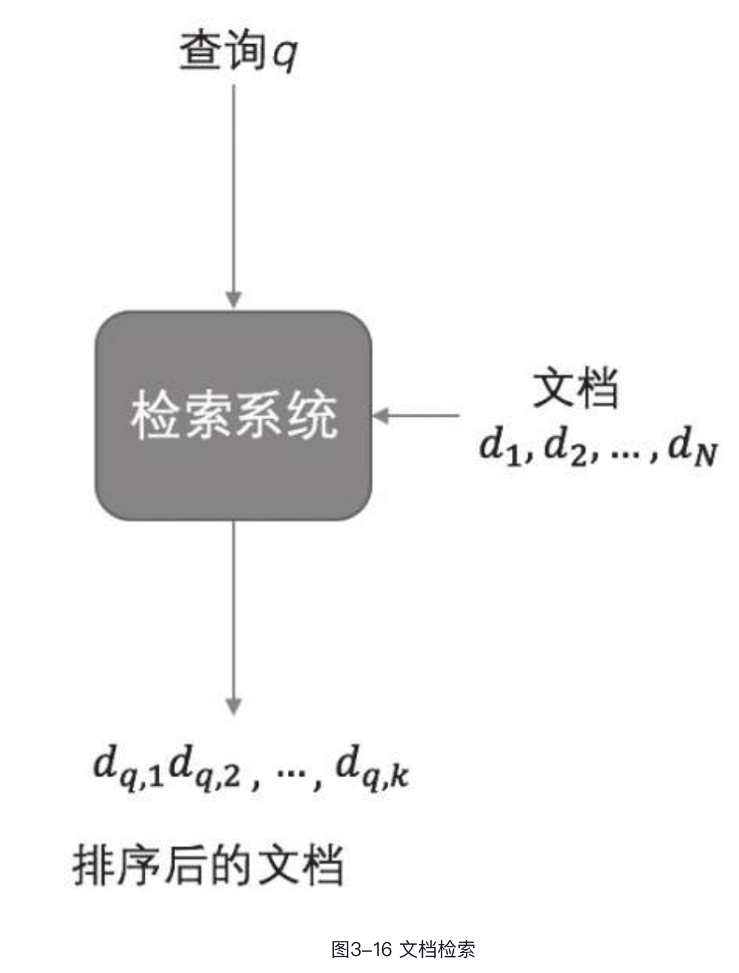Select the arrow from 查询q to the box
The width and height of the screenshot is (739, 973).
pos(233,196)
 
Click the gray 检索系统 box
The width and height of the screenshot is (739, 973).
pos(233,416)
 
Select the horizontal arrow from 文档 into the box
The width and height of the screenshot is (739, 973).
pos(416,416)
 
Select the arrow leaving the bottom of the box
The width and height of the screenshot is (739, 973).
pos(233,617)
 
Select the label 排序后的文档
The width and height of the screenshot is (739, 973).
pos(208,865)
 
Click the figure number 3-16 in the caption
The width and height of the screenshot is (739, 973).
pos(371,949)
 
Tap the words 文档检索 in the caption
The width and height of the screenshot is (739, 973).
pos(437,949)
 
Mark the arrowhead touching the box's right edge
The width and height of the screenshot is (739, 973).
pos(380,416)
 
